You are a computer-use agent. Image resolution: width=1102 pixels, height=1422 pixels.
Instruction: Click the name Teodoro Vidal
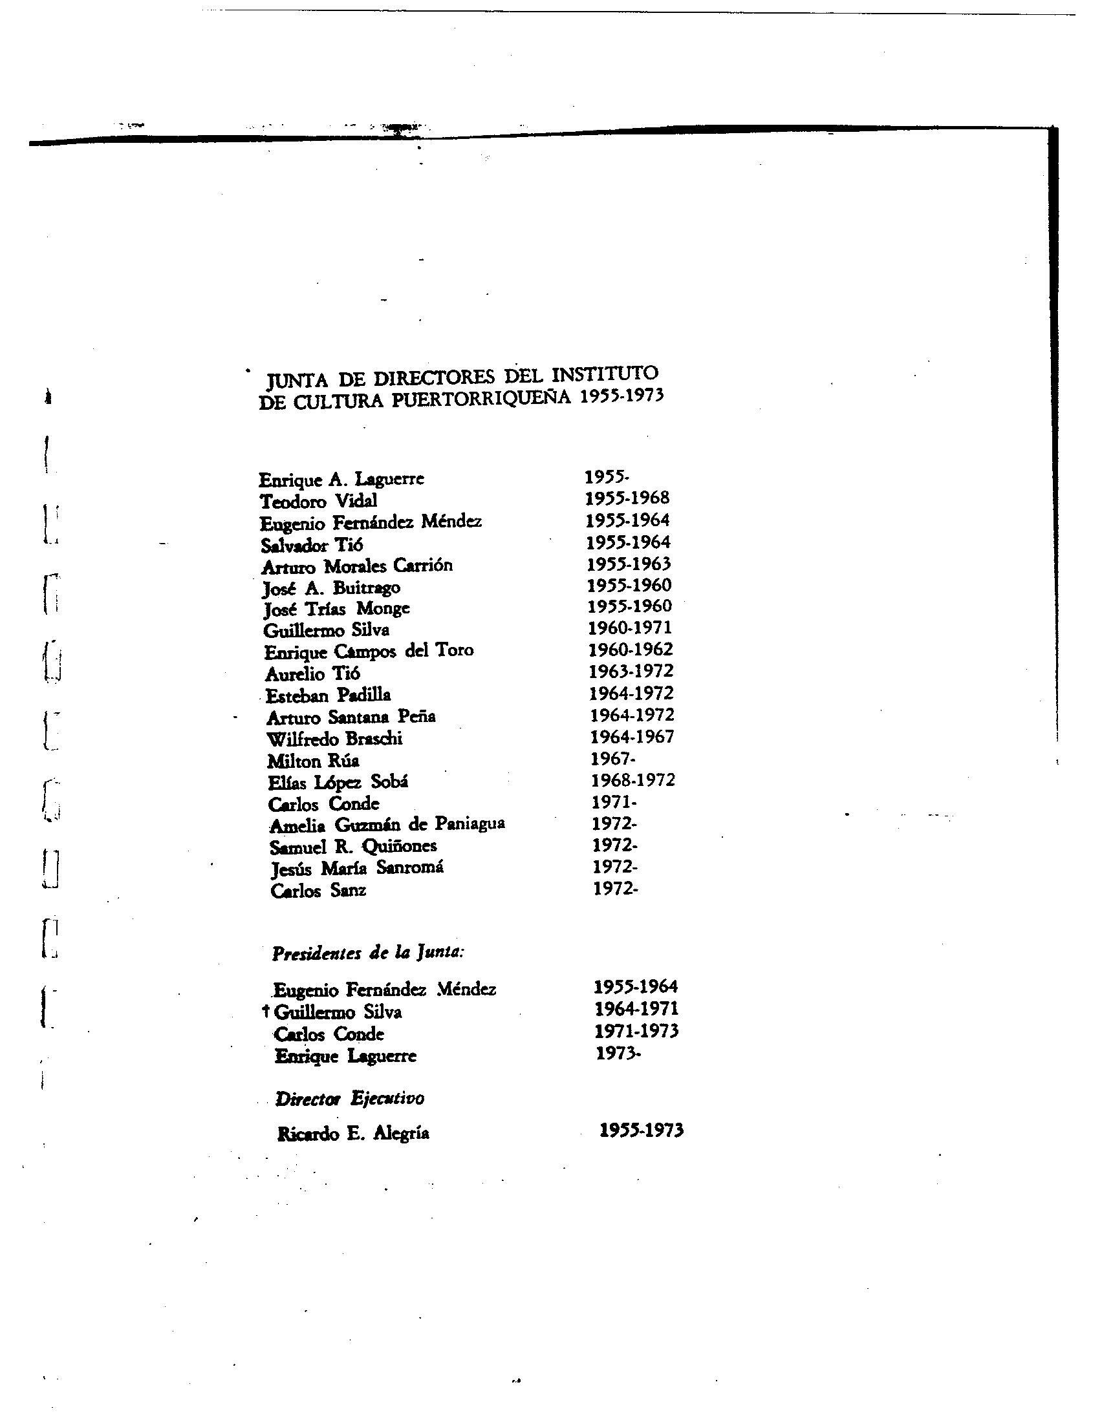tap(318, 501)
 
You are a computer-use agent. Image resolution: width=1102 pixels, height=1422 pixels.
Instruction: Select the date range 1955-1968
tap(627, 498)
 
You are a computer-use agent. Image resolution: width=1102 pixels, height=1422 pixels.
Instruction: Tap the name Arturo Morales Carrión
tap(356, 566)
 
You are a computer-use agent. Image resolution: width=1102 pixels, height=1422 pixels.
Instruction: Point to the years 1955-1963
tap(629, 564)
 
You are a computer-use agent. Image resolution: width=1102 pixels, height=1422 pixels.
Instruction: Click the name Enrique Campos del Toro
tap(369, 651)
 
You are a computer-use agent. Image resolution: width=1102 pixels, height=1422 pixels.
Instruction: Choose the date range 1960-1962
tap(631, 649)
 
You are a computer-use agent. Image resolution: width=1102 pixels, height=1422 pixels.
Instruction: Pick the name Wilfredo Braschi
tap(335, 739)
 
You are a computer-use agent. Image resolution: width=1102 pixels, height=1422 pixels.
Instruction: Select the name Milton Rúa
tap(312, 761)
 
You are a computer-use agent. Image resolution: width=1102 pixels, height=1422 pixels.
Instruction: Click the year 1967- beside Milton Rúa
tap(612, 759)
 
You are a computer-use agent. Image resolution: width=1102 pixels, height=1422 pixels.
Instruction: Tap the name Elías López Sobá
tap(338, 782)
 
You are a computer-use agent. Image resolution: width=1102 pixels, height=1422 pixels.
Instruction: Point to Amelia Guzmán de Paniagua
tap(387, 825)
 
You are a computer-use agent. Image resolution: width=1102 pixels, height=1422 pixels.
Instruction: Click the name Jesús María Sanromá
tap(357, 868)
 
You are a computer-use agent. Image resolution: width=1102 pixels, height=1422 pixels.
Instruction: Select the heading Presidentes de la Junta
tap(368, 953)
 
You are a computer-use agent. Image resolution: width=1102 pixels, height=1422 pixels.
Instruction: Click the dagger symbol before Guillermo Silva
tap(265, 1011)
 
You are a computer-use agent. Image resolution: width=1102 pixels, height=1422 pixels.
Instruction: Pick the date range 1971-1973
tap(636, 1031)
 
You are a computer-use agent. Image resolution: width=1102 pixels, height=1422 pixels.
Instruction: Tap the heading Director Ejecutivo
tap(350, 1099)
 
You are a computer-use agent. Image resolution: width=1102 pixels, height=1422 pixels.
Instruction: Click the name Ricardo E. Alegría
tap(353, 1134)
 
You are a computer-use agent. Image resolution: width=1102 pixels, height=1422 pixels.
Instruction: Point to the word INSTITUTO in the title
tap(605, 374)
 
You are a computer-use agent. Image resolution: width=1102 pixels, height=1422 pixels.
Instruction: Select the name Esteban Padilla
tap(329, 695)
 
